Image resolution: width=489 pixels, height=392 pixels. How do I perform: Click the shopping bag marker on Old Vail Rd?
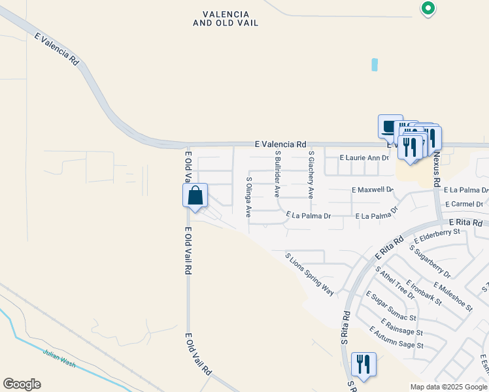click(x=195, y=195)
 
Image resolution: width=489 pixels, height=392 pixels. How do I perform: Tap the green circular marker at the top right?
click(x=428, y=8)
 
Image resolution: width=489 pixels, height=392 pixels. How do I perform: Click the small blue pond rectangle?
click(x=375, y=65)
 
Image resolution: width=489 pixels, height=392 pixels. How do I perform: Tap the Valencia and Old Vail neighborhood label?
click(x=226, y=18)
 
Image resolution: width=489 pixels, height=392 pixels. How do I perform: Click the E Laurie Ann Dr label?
click(x=364, y=158)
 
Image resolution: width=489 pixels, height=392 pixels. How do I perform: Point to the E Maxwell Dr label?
click(x=372, y=189)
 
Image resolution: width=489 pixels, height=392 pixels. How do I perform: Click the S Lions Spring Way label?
click(x=310, y=274)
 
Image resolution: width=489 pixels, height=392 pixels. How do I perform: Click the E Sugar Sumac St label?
click(x=391, y=306)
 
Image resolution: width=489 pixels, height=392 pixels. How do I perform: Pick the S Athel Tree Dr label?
click(x=395, y=282)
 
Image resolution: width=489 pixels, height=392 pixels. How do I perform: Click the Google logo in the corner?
click(x=22, y=384)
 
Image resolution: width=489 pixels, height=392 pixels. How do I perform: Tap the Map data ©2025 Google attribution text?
click(x=448, y=387)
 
